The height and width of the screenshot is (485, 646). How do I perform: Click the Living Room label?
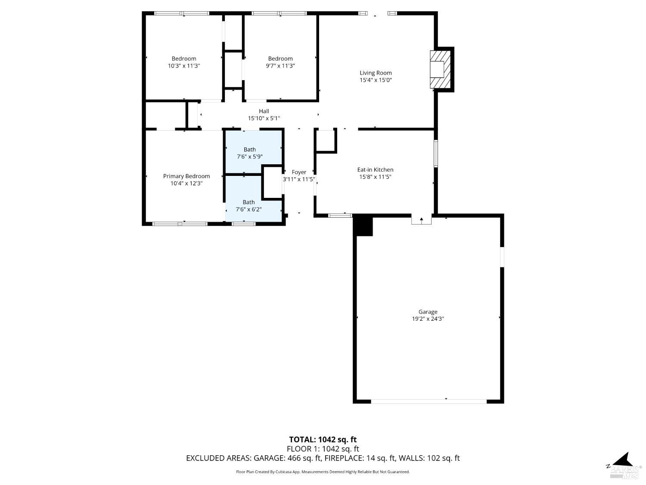(x=376, y=73)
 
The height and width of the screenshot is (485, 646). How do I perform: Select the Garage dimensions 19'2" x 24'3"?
(x=428, y=319)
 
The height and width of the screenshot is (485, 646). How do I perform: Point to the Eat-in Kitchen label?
(x=375, y=170)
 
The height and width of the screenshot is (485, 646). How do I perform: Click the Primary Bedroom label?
(x=186, y=176)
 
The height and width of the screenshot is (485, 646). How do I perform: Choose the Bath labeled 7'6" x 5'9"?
(x=250, y=153)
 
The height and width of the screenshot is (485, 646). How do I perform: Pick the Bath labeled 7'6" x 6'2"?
(x=248, y=206)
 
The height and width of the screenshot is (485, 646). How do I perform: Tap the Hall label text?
(x=264, y=111)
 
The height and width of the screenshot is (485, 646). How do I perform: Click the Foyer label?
(x=299, y=172)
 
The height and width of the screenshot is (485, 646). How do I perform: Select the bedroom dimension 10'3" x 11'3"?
(x=184, y=66)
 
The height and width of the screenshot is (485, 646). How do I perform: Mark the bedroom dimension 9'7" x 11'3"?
(x=280, y=66)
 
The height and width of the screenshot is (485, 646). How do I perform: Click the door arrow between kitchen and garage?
(x=422, y=220)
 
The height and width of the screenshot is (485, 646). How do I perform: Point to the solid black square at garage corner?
(x=363, y=226)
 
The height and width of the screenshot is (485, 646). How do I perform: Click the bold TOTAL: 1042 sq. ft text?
(x=323, y=440)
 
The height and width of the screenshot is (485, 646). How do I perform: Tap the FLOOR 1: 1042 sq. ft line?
(x=323, y=449)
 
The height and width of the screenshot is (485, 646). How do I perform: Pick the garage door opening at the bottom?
(x=429, y=401)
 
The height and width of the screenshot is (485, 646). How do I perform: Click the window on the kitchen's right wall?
(x=435, y=153)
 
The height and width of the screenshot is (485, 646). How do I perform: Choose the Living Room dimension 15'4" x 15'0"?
(x=376, y=80)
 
